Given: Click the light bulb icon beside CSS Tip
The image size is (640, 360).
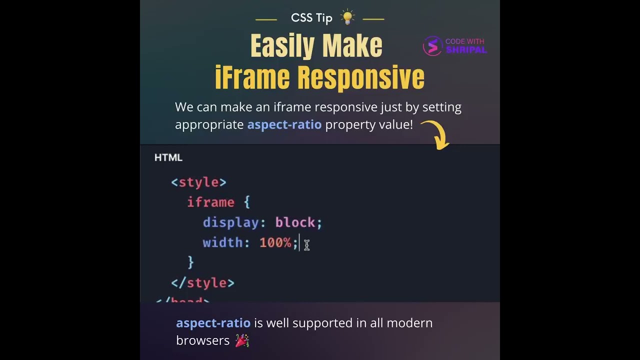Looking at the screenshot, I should (x=347, y=17).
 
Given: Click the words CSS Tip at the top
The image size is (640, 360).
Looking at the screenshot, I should (x=311, y=18).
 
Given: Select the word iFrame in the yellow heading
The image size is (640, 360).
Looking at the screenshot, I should (x=252, y=77).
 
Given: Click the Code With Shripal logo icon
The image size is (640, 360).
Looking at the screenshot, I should (x=432, y=46).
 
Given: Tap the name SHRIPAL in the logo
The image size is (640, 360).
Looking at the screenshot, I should (x=465, y=50).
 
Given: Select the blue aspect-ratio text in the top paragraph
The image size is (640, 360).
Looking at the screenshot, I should (x=284, y=124).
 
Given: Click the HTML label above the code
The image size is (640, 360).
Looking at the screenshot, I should (x=168, y=157).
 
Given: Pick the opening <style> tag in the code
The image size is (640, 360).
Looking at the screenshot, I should (x=198, y=182).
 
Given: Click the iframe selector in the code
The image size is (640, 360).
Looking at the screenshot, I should (x=210, y=202).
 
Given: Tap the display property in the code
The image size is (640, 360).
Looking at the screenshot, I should (x=230, y=222).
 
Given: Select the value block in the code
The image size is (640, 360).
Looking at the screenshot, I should (x=295, y=222).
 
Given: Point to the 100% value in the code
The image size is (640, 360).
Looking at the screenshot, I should (x=275, y=243).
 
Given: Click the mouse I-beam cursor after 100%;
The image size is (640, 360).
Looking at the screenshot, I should (x=306, y=244).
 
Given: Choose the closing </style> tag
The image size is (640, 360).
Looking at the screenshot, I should (x=202, y=283).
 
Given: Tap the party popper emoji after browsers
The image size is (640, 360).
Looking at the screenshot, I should (x=242, y=341).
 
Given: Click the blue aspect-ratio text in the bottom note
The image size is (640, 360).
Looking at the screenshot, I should (x=213, y=323).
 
